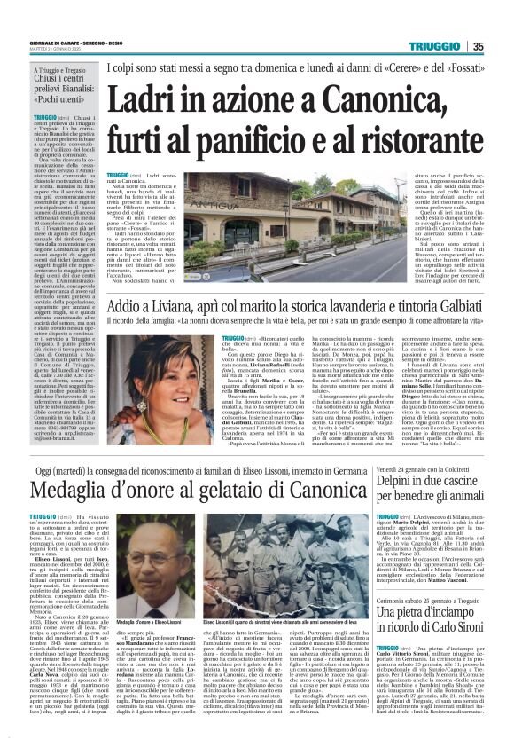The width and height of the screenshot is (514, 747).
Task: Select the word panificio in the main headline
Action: click(227, 130)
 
